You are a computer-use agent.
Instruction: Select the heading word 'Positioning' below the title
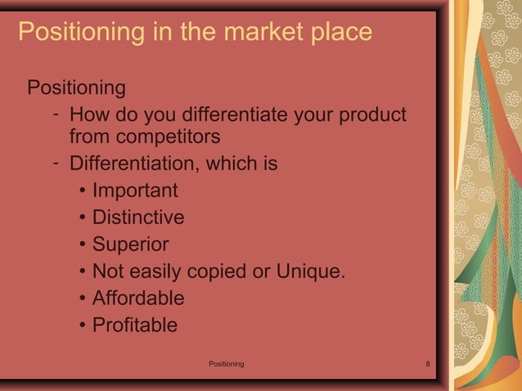[77, 87]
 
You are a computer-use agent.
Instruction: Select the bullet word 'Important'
[135, 191]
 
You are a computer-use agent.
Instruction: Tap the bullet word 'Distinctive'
[138, 218]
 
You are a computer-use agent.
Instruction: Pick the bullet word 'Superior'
[131, 245]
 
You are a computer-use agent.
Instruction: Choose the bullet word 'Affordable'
[138, 298]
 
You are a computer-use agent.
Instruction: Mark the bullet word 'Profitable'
[135, 325]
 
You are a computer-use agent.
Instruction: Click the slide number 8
[428, 362]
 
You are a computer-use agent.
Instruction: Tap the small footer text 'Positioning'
[226, 362]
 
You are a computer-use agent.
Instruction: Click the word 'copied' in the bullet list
[214, 272]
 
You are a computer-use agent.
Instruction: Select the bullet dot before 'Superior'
[83, 245]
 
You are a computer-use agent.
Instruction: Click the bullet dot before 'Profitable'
[83, 326]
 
